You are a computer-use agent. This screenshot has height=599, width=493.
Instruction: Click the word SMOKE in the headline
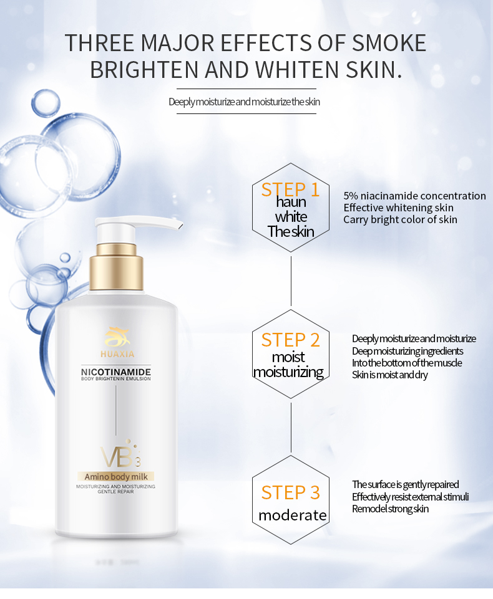point(389,42)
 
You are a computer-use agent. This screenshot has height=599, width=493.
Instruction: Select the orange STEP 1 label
point(290,189)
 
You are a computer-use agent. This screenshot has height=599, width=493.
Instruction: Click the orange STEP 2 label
point(290,340)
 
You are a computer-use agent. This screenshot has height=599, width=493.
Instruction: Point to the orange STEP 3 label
point(290,492)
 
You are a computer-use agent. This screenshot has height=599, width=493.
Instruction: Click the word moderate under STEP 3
point(293,515)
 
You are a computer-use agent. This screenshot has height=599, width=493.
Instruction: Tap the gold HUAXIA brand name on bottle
point(117,354)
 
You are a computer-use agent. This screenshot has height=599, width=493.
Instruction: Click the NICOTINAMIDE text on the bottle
point(116,371)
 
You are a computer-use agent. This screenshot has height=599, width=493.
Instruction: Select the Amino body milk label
point(116,476)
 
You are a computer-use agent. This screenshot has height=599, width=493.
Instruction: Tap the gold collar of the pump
point(116,267)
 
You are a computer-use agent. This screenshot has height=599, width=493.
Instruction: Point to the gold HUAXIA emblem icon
point(117,337)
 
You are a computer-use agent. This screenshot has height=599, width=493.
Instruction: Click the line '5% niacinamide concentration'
point(414,196)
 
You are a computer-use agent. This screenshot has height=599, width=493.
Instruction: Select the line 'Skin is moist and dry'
point(390,375)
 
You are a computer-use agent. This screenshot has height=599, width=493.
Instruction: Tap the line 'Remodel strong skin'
point(390,509)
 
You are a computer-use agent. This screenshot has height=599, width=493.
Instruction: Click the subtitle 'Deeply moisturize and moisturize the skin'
point(245,102)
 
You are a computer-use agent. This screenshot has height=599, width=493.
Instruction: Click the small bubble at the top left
point(46,103)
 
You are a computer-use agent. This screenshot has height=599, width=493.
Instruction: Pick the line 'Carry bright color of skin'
point(400,219)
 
